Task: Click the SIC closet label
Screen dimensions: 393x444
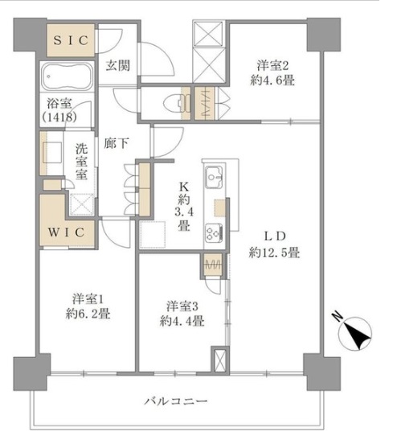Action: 71,40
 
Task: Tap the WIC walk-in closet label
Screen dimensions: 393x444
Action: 67,232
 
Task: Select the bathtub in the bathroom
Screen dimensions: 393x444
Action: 67,76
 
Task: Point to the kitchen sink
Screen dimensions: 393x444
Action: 215,177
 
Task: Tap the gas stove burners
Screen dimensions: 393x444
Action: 214,233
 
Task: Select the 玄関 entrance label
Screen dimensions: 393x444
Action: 118,66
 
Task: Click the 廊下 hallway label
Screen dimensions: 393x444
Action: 117,143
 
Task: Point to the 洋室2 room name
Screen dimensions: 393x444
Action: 272,65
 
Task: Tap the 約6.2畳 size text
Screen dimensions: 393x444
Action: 88,314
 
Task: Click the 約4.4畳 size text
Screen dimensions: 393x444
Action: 182,321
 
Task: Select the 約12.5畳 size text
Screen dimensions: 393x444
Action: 274,252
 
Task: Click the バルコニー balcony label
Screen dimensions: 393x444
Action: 176,401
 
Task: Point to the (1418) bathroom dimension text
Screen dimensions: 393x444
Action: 59,117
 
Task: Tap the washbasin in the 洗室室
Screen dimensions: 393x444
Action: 52,152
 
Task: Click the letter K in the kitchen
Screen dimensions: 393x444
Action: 183,187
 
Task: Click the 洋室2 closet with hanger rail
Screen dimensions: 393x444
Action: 204,103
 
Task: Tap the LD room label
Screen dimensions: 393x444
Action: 274,236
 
